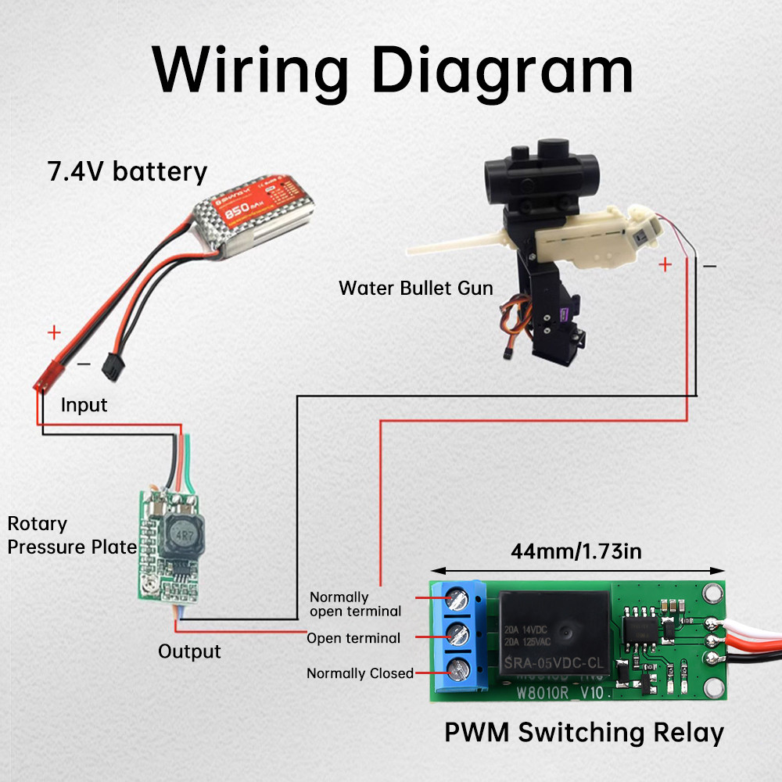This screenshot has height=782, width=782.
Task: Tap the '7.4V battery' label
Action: pyautogui.click(x=128, y=171)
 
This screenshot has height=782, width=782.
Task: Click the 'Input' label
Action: pyautogui.click(x=84, y=405)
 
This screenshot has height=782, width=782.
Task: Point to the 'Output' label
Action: pyautogui.click(x=189, y=651)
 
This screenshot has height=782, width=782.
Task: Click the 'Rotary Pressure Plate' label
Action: pyautogui.click(x=72, y=536)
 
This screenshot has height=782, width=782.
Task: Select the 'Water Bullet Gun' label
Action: pyautogui.click(x=415, y=288)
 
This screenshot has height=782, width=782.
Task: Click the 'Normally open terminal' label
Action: pyautogui.click(x=355, y=604)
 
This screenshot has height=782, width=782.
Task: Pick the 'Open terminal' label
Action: pyautogui.click(x=353, y=638)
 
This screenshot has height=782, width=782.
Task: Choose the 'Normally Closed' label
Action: pyautogui.click(x=360, y=673)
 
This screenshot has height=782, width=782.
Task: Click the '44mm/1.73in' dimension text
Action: pyautogui.click(x=576, y=551)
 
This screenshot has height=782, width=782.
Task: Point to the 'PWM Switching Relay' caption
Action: pyautogui.click(x=584, y=733)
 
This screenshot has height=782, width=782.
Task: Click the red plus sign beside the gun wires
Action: pyautogui.click(x=665, y=264)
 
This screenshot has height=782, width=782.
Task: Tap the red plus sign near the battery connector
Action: pyautogui.click(x=54, y=332)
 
